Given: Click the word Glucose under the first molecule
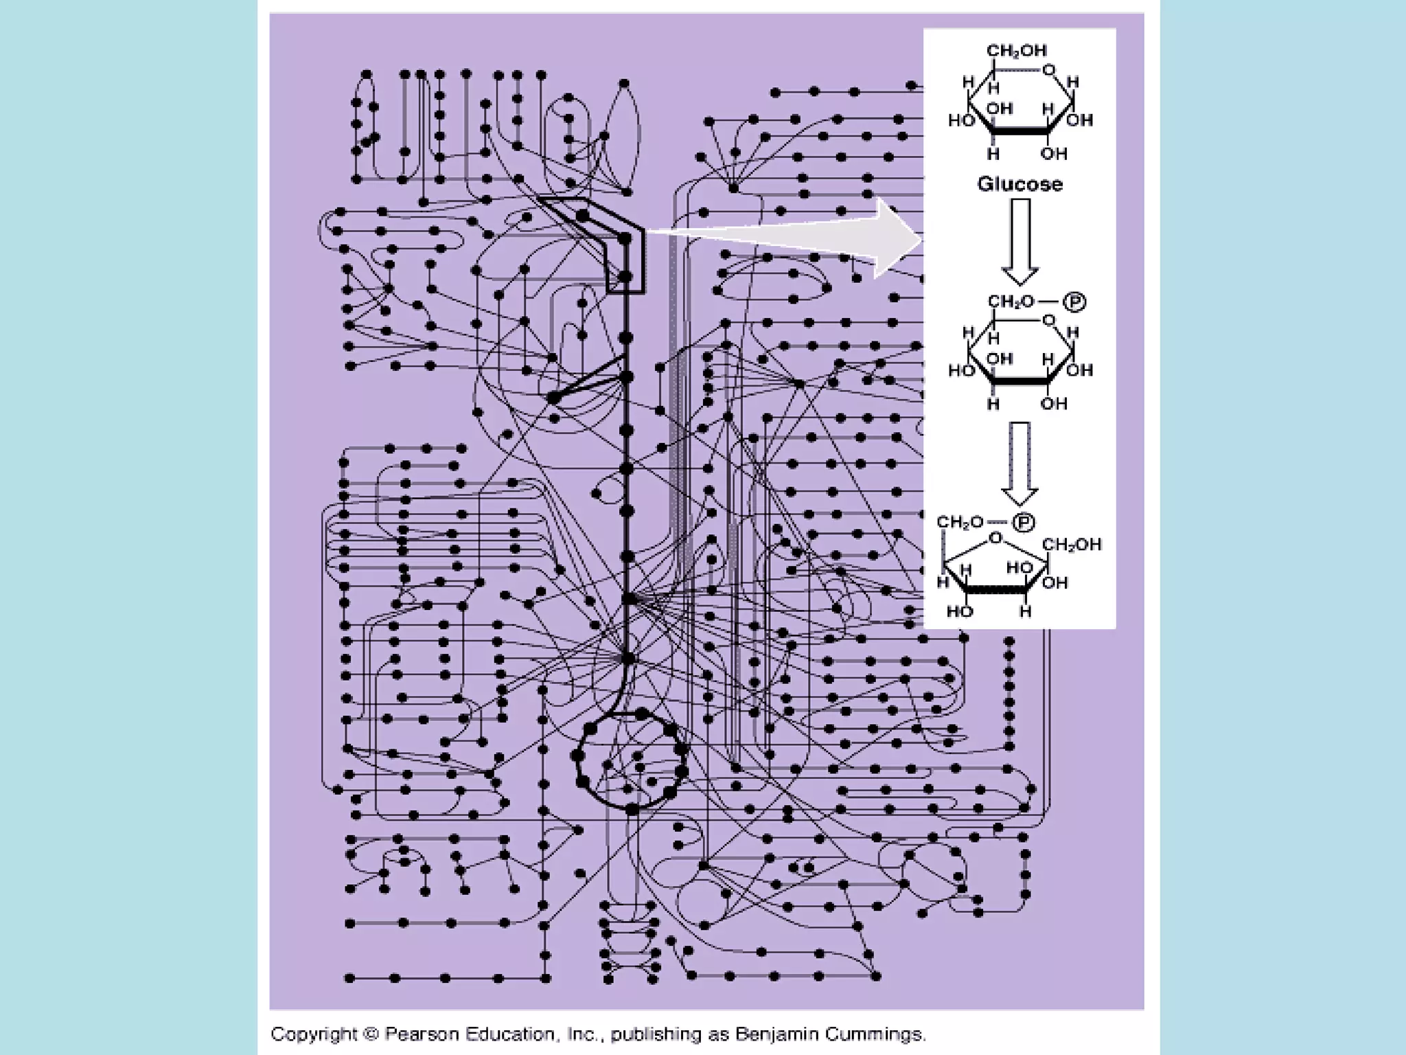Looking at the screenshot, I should point(1019,184).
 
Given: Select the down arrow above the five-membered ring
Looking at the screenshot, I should point(1020,464).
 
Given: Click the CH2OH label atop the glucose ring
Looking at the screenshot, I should point(1016,51).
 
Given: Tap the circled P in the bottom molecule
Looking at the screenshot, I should point(1023,523).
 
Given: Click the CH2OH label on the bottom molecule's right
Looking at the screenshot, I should point(1072,545).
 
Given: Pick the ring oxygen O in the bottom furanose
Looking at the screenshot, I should point(995,538).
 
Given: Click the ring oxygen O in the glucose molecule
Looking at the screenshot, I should point(1048,70).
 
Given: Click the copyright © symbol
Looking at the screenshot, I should point(371,1034).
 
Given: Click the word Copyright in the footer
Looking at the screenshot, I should point(314,1034).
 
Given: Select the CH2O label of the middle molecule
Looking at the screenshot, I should point(1011,302).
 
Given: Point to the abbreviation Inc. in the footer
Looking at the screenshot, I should point(581,1034).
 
